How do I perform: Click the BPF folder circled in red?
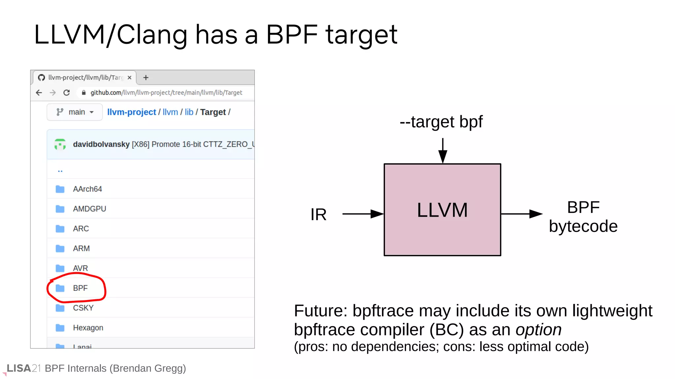(80, 288)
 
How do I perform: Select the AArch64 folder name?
(87, 189)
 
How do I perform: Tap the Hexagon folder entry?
(88, 328)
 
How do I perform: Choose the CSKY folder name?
(83, 308)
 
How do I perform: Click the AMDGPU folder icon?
(60, 209)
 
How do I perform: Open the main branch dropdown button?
(75, 112)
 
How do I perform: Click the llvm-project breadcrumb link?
(132, 112)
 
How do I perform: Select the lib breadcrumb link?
(189, 112)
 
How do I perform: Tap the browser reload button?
(67, 93)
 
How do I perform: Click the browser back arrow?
(39, 93)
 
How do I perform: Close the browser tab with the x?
(130, 78)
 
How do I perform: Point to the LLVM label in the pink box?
(442, 210)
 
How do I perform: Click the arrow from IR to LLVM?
(363, 214)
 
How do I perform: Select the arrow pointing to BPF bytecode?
(521, 214)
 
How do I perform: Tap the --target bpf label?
(441, 122)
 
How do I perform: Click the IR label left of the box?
(318, 215)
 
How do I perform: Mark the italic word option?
(539, 330)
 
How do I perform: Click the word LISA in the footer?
(19, 368)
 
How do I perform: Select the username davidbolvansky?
(101, 144)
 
